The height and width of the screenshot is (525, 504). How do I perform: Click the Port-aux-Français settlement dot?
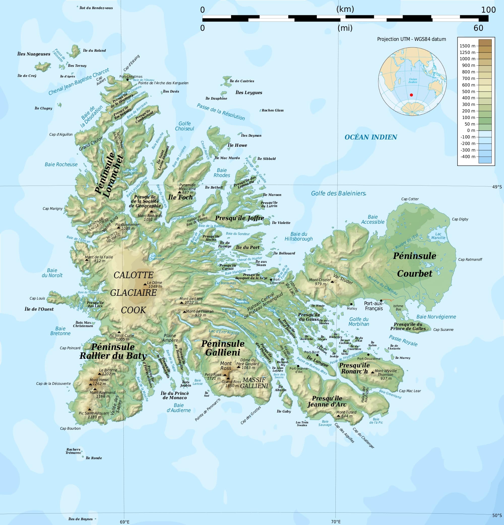(381, 301)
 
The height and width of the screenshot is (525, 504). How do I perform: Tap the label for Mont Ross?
(226, 366)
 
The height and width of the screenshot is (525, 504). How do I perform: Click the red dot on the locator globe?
(412, 95)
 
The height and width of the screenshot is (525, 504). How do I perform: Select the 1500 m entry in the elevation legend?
(467, 46)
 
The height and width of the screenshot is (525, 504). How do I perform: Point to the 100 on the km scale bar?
(488, 10)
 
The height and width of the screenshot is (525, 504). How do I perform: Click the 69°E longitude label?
(125, 521)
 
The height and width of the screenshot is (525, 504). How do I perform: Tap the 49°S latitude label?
(497, 187)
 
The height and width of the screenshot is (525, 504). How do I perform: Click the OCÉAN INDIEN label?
(371, 137)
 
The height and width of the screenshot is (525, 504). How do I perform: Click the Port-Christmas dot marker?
(128, 79)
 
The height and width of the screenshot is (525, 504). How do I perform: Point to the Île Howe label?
(237, 145)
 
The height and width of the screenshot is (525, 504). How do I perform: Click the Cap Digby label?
(460, 219)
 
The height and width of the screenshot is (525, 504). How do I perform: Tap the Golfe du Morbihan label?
(359, 322)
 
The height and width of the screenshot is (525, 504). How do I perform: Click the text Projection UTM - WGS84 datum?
(412, 39)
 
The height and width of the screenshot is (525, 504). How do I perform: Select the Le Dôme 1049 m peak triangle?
(145, 284)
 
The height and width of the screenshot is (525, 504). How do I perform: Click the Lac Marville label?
(438, 236)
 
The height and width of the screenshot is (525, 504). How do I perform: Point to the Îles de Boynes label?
(80, 519)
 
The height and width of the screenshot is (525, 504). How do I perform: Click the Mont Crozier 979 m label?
(320, 281)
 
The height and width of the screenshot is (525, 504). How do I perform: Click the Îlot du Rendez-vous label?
(96, 8)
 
